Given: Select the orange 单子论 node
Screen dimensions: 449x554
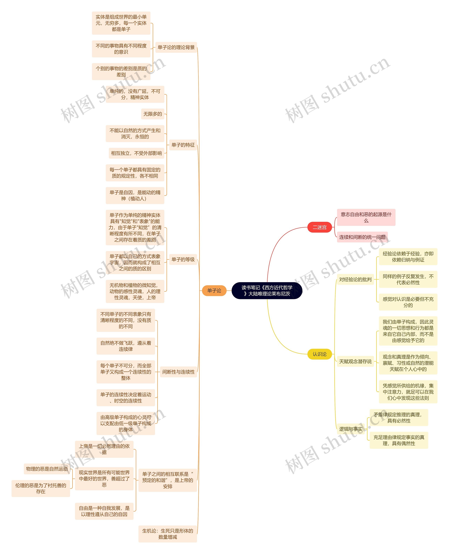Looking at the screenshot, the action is click(x=214, y=291).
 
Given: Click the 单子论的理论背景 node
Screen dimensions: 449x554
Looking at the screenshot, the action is click(x=176, y=47).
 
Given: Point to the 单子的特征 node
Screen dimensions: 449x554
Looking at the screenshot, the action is click(x=183, y=145).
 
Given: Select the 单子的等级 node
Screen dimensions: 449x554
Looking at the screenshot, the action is click(x=183, y=259).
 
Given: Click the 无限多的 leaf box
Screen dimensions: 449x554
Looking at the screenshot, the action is click(x=153, y=114).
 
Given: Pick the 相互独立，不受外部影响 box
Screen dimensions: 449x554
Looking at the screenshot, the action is click(x=136, y=153).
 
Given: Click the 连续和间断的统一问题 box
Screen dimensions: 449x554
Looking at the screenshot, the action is click(x=362, y=237).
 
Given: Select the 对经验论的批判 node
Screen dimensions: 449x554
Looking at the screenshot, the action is click(x=355, y=280).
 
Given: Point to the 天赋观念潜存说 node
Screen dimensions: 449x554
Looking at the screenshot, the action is click(x=355, y=361).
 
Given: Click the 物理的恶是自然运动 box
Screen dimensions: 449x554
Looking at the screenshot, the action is click(x=47, y=469).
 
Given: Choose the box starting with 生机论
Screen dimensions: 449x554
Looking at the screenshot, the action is click(x=168, y=534).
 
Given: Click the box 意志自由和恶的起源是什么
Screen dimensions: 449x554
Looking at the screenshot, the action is click(x=366, y=217).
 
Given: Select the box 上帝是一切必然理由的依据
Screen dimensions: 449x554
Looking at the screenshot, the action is click(x=104, y=449).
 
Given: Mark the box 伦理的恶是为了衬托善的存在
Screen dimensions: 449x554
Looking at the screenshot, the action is click(x=41, y=489).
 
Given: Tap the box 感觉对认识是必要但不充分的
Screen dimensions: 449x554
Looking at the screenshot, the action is click(x=408, y=302).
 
